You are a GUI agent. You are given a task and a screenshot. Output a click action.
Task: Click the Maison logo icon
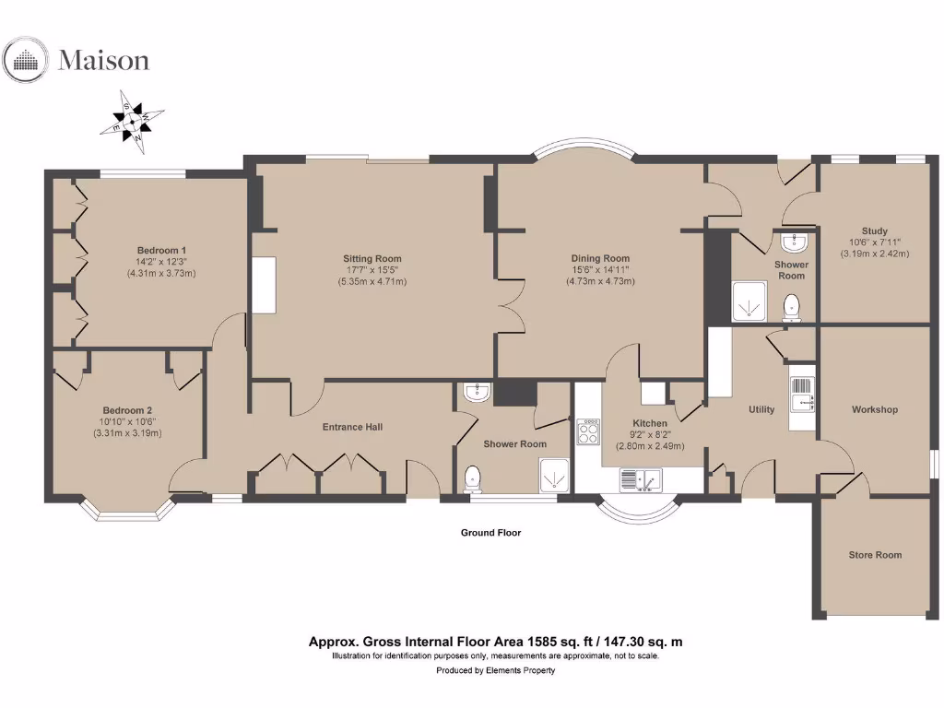coord(26,60)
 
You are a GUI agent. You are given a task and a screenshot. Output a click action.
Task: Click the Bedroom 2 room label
coord(127,410)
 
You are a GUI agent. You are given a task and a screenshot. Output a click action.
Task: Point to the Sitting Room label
coord(372,259)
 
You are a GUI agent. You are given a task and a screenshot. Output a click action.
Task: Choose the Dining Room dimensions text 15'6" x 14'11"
coord(599,270)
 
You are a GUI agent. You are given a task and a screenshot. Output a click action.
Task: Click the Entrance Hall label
coord(352,427)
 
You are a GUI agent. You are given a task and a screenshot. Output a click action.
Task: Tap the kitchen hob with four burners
coord(587,431)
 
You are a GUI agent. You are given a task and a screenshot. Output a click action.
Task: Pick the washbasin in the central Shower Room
coord(476,393)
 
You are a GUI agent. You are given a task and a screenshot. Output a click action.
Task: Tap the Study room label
coord(874,231)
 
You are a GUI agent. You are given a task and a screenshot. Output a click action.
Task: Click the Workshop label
coord(874,409)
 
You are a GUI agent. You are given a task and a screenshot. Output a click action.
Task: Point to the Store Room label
coord(875,555)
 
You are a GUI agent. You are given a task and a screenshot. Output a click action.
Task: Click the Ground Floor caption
coord(490,533)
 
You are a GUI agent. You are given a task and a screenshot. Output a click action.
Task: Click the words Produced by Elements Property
coord(495,671)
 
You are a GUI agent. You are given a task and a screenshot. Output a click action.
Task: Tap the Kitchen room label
coord(650,424)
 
